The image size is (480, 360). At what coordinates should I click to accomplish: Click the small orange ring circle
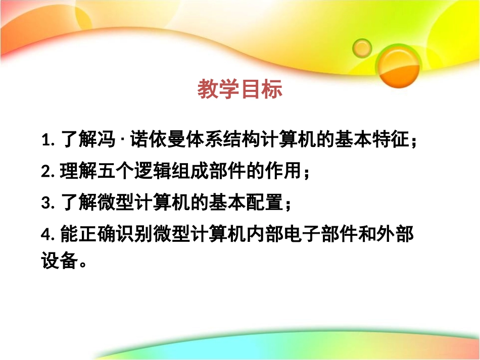[362, 48]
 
